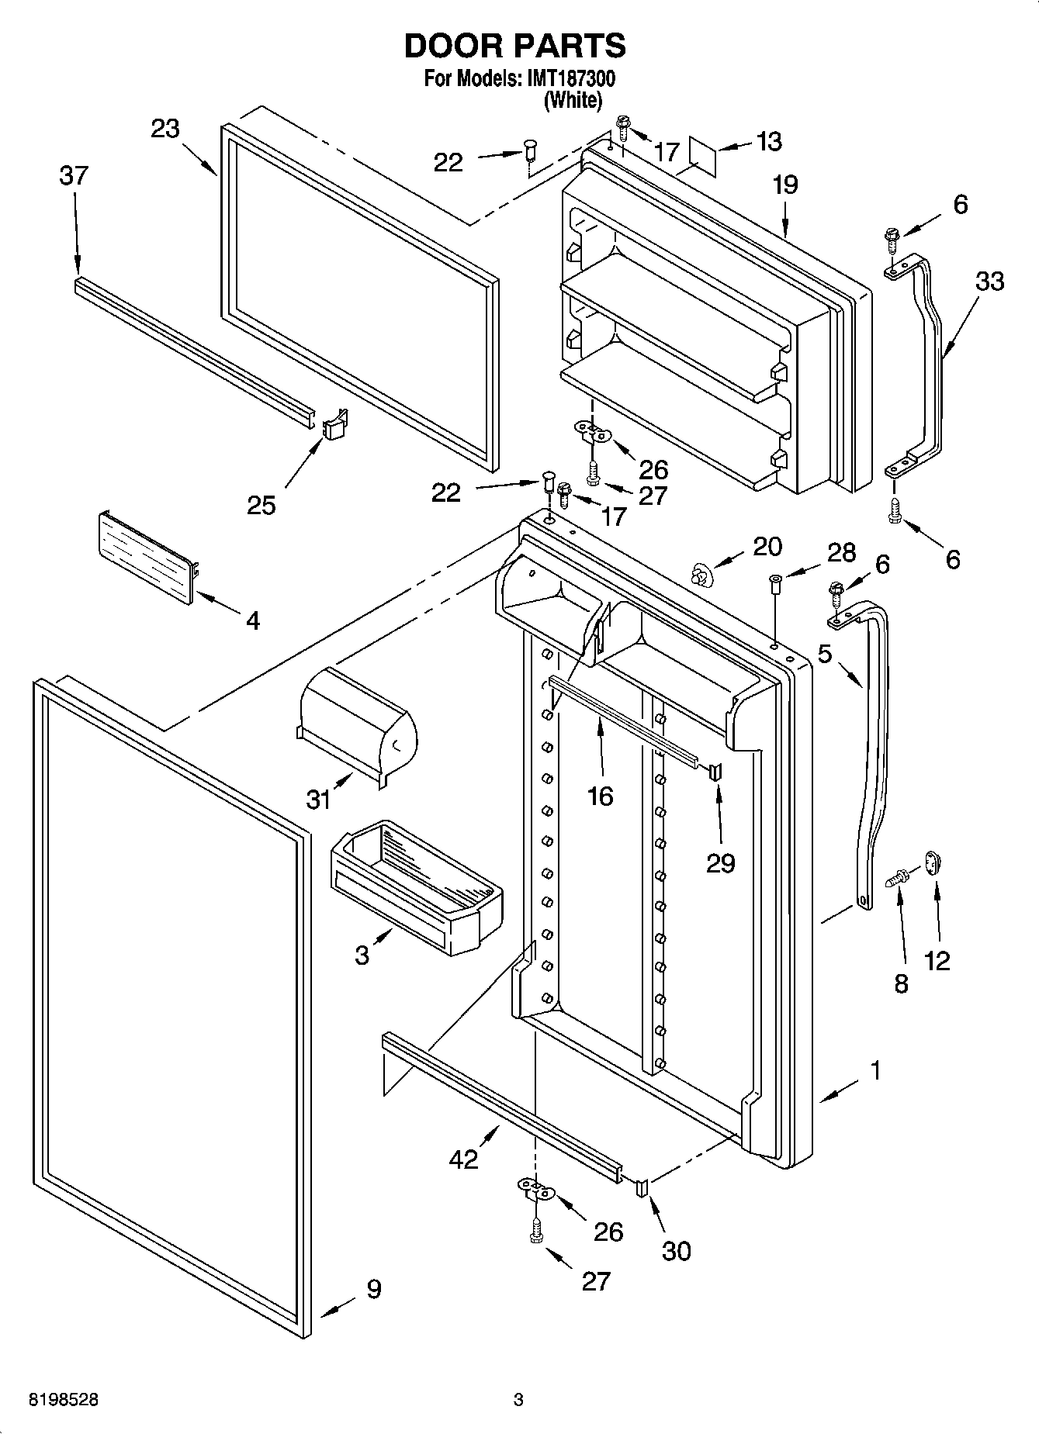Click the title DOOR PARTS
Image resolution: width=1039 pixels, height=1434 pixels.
point(515,47)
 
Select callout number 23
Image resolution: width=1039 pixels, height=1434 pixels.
point(165,129)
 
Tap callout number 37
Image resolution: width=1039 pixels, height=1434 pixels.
point(74,177)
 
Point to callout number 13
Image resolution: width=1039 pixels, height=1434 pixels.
point(768,142)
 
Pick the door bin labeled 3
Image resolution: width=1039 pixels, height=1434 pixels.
point(416,886)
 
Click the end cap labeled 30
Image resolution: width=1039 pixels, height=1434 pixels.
point(642,1187)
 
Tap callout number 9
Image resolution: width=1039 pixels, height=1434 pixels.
point(373,1289)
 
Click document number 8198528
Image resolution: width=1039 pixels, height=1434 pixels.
point(64,1401)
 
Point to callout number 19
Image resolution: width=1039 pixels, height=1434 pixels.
point(784,185)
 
